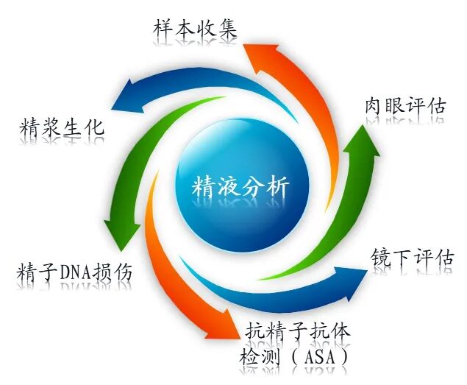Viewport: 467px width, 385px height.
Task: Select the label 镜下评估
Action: [x=411, y=258]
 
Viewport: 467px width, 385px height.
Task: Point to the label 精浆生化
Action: [x=61, y=127]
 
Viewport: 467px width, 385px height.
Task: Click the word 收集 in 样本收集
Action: [x=220, y=30]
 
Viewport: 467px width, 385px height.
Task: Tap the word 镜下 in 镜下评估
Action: [x=389, y=258]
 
